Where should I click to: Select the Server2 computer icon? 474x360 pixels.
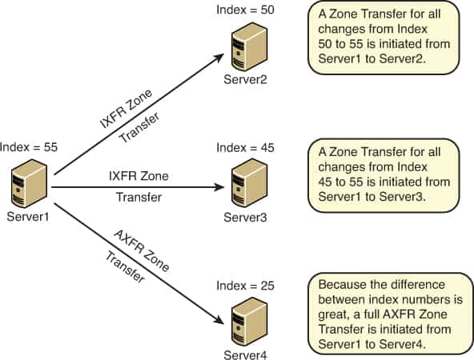click(246, 47)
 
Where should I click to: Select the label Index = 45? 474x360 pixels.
click(244, 148)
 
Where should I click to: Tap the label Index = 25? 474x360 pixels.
click(244, 286)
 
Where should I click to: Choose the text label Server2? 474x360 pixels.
click(246, 79)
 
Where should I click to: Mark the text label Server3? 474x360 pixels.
click(244, 217)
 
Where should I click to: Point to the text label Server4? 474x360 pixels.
click(244, 353)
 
